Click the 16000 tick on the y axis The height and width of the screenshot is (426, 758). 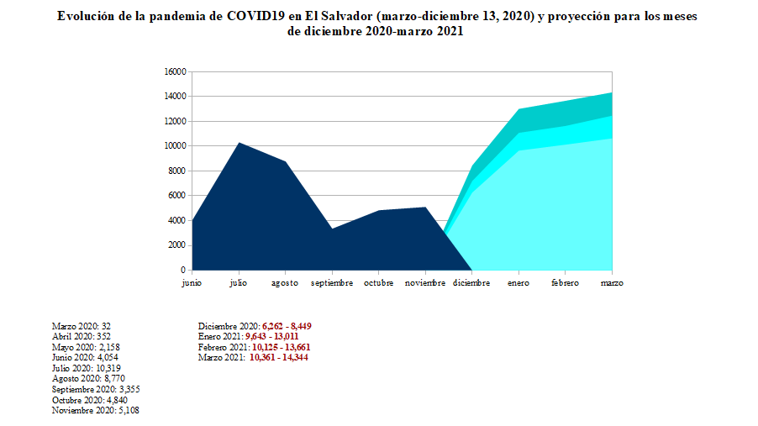174,72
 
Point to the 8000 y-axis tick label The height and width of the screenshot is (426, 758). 176,171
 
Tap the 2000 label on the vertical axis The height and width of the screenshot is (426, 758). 176,245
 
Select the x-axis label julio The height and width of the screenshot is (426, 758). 238,283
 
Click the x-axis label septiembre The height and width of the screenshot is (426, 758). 332,283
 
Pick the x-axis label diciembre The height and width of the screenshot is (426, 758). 471,283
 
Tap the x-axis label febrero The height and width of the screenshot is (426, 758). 565,283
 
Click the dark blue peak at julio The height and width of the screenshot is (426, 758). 239,144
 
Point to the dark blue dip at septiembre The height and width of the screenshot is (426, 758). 332,229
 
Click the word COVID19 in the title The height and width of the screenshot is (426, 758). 257,17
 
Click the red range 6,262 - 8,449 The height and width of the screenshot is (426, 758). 287,326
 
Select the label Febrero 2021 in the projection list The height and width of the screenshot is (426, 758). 222,347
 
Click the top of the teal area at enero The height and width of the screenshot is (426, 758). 518,109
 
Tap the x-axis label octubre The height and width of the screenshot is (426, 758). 379,283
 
